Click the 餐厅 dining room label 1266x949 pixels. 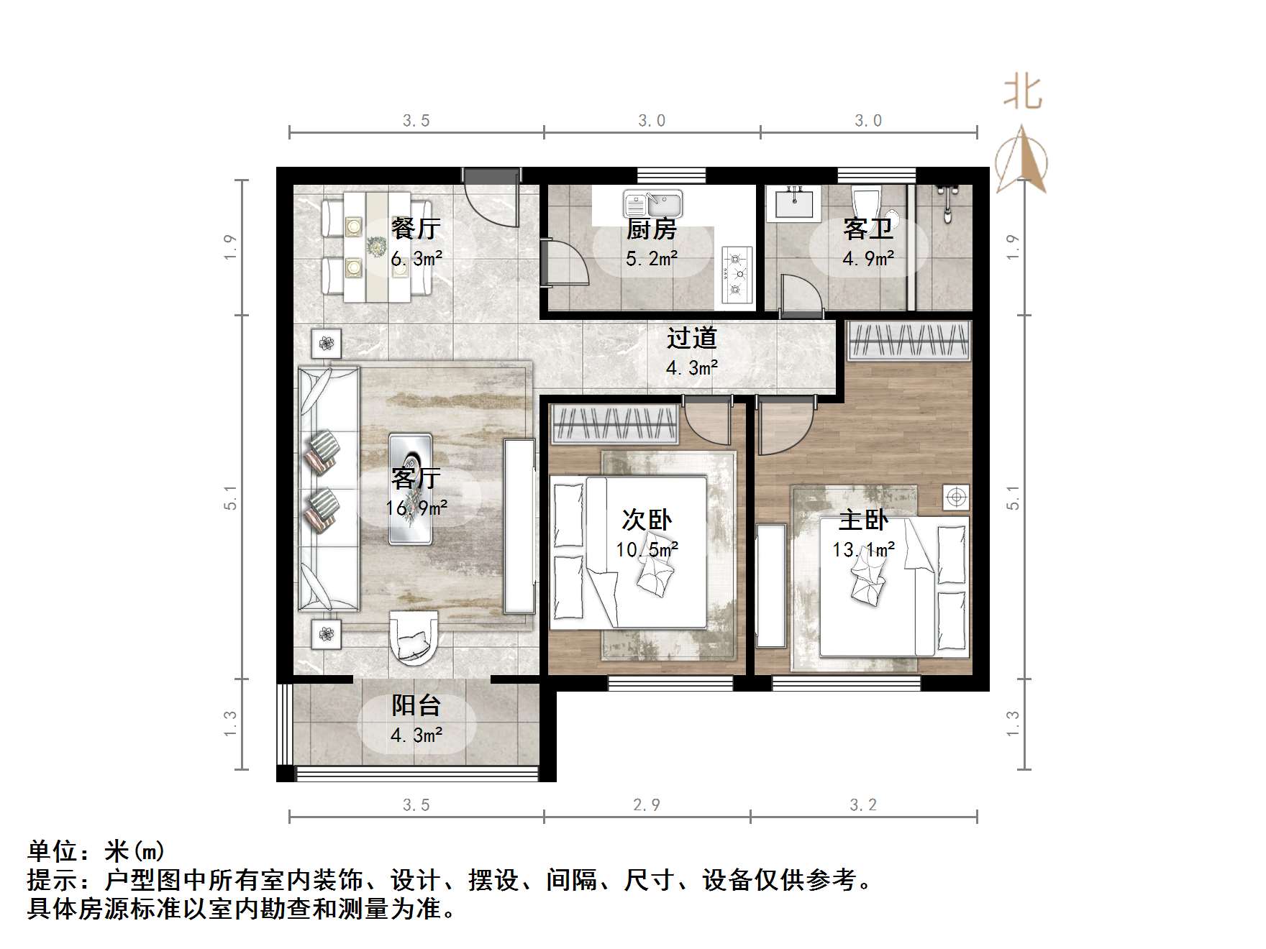click(416, 229)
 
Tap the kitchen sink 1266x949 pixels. click(652, 204)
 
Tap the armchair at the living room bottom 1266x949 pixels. click(413, 636)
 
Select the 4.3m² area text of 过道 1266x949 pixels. click(692, 368)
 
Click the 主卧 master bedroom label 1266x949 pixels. click(863, 520)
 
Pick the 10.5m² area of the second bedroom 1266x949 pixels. click(647, 550)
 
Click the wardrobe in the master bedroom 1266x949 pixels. click(909, 340)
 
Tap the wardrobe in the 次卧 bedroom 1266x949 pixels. click(614, 424)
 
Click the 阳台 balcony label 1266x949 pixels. click(416, 705)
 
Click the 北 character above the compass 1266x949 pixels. click(1022, 93)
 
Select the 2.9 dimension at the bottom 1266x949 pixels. click(646, 804)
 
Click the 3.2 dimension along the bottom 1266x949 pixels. click(863, 804)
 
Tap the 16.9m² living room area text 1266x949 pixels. click(416, 508)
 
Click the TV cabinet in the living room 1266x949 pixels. click(519, 526)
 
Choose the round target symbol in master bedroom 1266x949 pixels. click(956, 497)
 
